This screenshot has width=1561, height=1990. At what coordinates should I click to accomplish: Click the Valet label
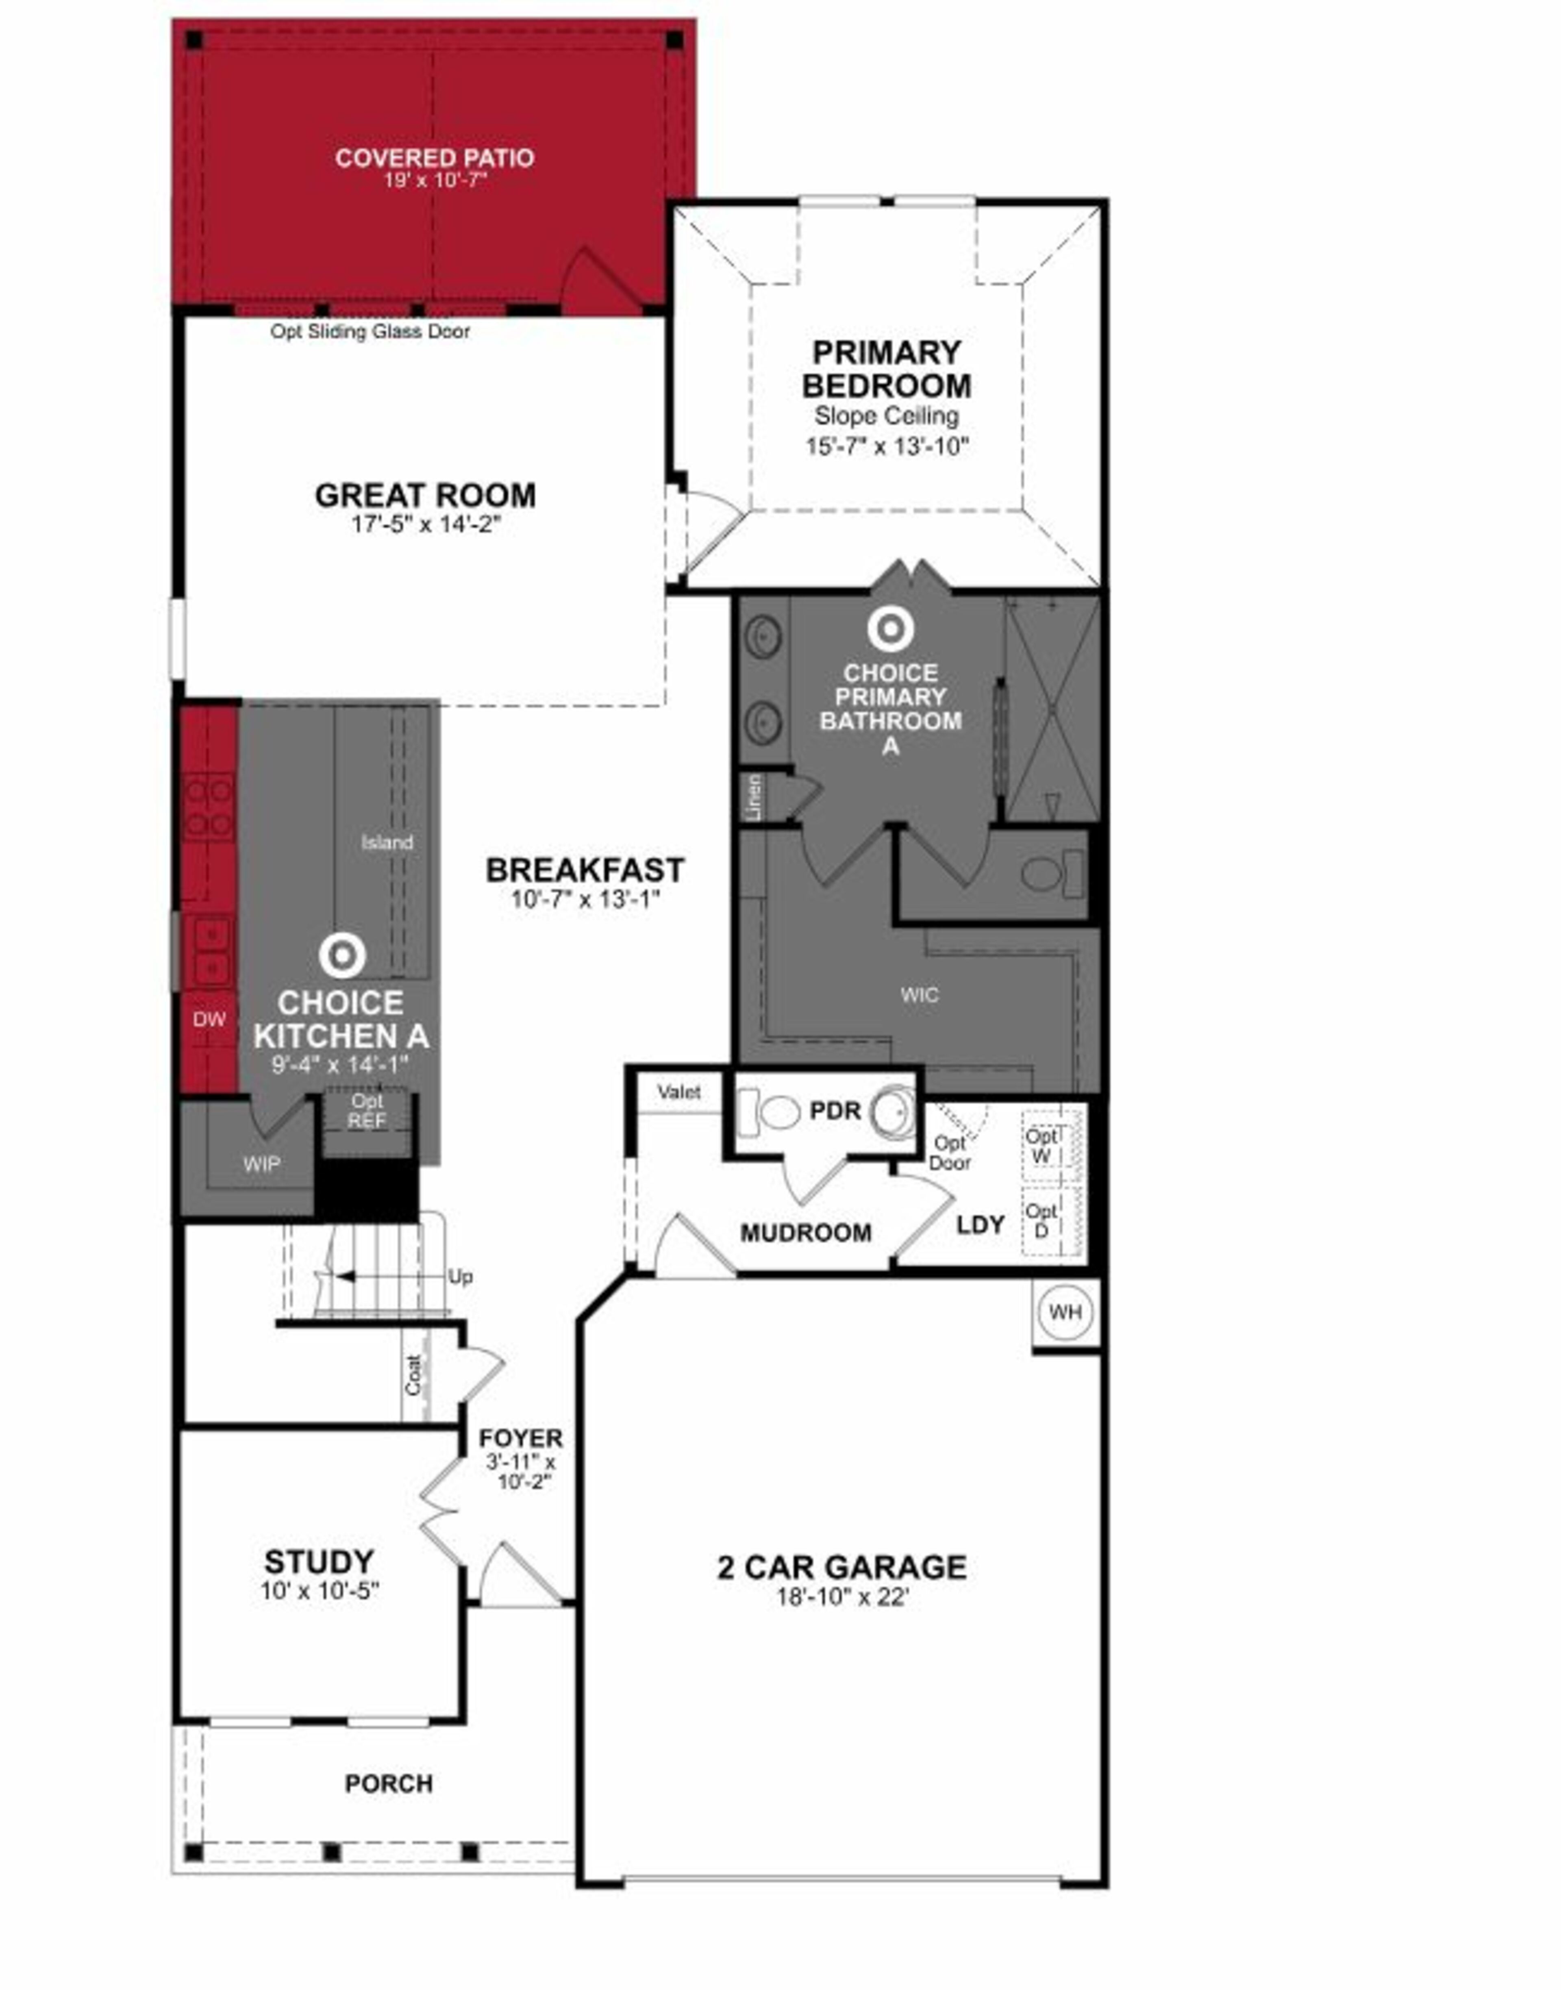coord(679,1092)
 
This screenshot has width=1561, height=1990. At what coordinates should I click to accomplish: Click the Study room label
coord(319,1561)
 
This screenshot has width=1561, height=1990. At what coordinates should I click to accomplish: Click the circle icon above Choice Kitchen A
coord(343,956)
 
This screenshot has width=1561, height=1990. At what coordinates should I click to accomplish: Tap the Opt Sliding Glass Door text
coord(370,332)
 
